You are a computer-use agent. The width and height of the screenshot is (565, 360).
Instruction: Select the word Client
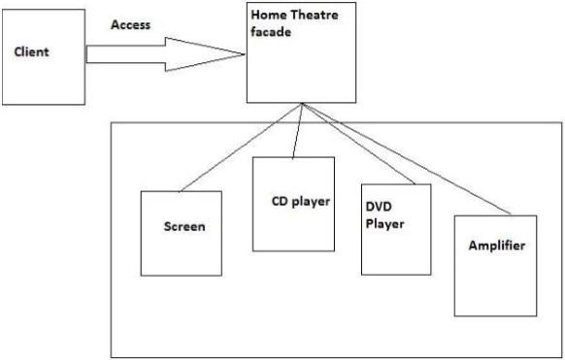31,51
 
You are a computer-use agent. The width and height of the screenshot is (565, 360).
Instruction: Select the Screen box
181,233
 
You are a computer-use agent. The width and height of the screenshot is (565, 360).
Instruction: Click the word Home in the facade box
266,16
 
